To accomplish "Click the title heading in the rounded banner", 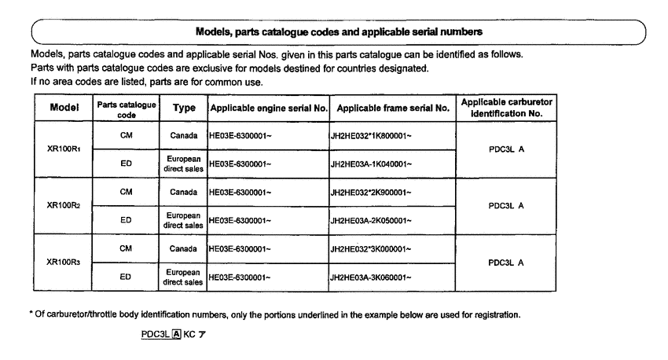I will (338, 31).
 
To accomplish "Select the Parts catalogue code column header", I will (126, 108).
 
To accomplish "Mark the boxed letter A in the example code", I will (178, 334).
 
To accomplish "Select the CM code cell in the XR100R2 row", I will (126, 192).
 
